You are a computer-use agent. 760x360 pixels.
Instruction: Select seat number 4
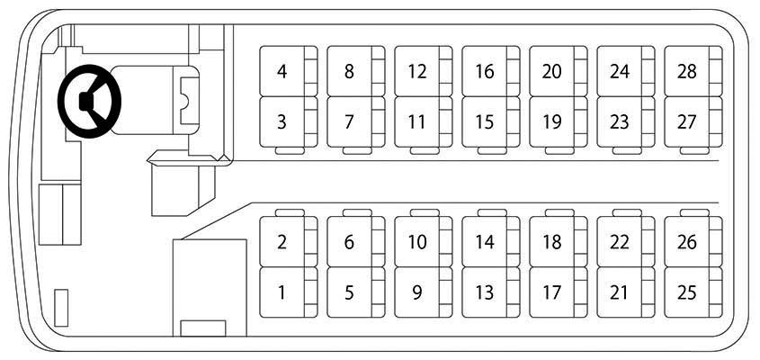tap(289, 71)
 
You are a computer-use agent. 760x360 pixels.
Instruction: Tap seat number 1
tap(289, 292)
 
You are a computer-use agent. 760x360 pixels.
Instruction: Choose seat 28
tap(693, 71)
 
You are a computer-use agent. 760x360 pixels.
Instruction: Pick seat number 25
tap(693, 292)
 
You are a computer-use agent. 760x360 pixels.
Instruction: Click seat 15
tap(490, 121)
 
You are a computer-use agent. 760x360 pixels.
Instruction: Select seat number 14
tap(490, 241)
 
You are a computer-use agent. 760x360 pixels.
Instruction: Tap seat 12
tap(423, 71)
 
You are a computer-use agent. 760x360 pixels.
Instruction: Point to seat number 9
tap(423, 292)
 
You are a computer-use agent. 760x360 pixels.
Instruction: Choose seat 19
tap(558, 121)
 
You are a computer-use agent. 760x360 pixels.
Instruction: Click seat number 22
tap(625, 241)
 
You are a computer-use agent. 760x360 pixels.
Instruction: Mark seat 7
tap(356, 121)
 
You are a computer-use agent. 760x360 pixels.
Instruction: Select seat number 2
tap(289, 241)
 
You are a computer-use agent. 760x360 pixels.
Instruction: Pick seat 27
tap(693, 121)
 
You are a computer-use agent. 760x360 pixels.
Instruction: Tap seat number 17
tap(558, 292)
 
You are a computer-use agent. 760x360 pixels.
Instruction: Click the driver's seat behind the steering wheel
tap(155, 101)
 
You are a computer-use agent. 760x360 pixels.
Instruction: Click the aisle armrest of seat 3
tap(290, 151)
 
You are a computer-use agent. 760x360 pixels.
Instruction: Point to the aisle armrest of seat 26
tap(694, 212)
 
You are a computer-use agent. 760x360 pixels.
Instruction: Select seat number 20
tap(558, 71)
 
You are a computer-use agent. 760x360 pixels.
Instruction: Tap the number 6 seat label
tap(349, 241)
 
